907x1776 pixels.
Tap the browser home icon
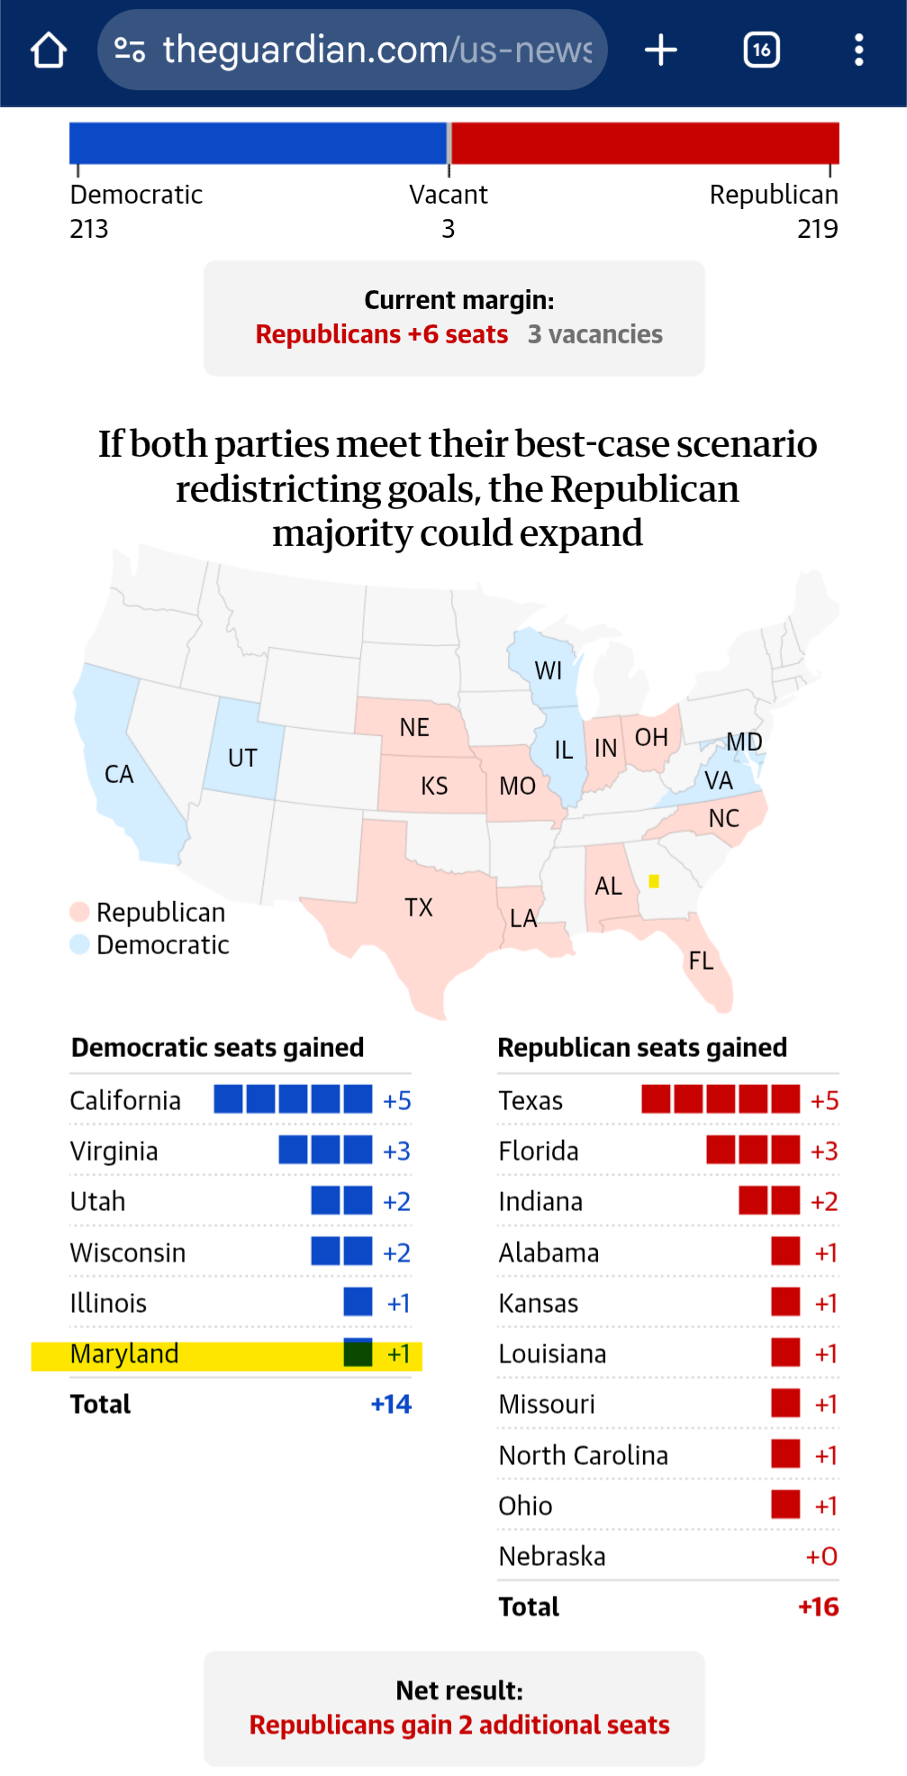click(x=49, y=50)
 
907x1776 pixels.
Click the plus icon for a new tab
click(x=661, y=50)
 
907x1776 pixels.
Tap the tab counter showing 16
click(x=761, y=50)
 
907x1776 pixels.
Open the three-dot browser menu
click(x=858, y=50)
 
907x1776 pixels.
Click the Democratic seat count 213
click(x=89, y=230)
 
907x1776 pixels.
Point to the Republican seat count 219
click(x=817, y=230)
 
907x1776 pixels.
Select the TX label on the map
click(x=419, y=907)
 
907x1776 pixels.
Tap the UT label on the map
click(x=242, y=759)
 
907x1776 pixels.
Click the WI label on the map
click(x=548, y=671)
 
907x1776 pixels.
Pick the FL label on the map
click(x=701, y=961)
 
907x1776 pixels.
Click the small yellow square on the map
click(x=654, y=881)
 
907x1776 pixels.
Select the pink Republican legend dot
click(x=79, y=912)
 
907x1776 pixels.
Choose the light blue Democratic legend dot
click(x=79, y=944)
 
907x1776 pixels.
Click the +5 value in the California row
click(x=396, y=1101)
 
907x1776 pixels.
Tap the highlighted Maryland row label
click(x=124, y=1354)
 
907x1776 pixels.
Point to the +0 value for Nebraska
click(x=821, y=1557)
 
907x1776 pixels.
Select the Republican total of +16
click(x=818, y=1608)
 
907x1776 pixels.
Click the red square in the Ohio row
click(x=785, y=1505)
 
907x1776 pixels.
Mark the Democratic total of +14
click(x=391, y=1405)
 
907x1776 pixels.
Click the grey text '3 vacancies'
click(x=594, y=335)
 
